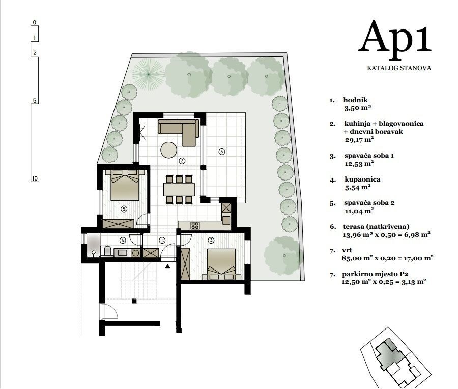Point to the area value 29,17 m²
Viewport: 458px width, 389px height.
(x=359, y=138)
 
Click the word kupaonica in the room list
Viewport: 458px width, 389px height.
(x=362, y=179)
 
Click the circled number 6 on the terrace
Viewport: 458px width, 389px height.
(x=221, y=151)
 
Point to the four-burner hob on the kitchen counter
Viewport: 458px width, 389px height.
(x=195, y=225)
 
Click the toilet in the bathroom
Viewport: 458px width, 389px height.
(x=108, y=251)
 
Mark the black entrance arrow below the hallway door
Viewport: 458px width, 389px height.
(x=167, y=265)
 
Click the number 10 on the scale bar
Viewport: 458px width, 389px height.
(x=35, y=178)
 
